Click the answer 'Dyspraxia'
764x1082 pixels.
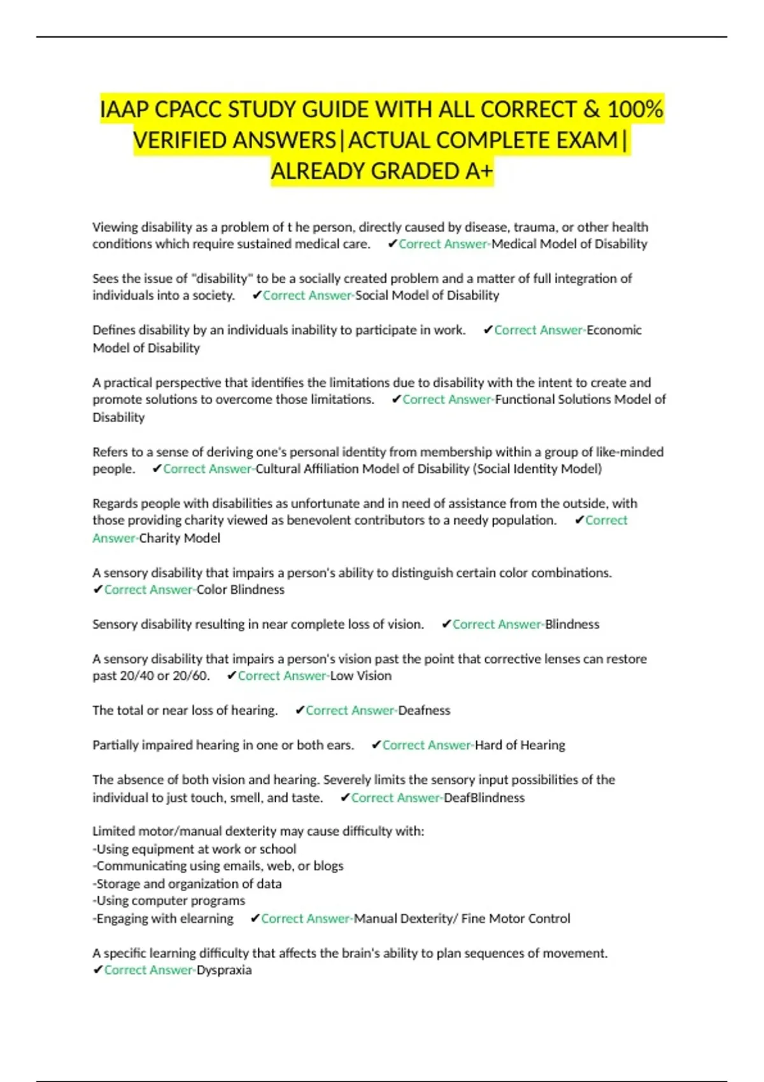point(224,970)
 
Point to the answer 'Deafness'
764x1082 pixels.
point(424,710)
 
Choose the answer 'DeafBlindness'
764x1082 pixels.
point(484,797)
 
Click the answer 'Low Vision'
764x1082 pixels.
point(360,676)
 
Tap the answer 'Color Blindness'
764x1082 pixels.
point(240,589)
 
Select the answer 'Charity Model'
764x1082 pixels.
point(180,538)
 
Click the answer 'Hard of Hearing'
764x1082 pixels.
point(520,745)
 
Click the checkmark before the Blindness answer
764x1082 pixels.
point(446,624)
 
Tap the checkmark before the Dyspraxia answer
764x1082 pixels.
point(97,970)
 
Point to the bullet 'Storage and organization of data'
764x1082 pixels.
point(188,883)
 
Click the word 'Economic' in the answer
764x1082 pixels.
point(614,330)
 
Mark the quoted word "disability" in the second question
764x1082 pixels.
point(222,279)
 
